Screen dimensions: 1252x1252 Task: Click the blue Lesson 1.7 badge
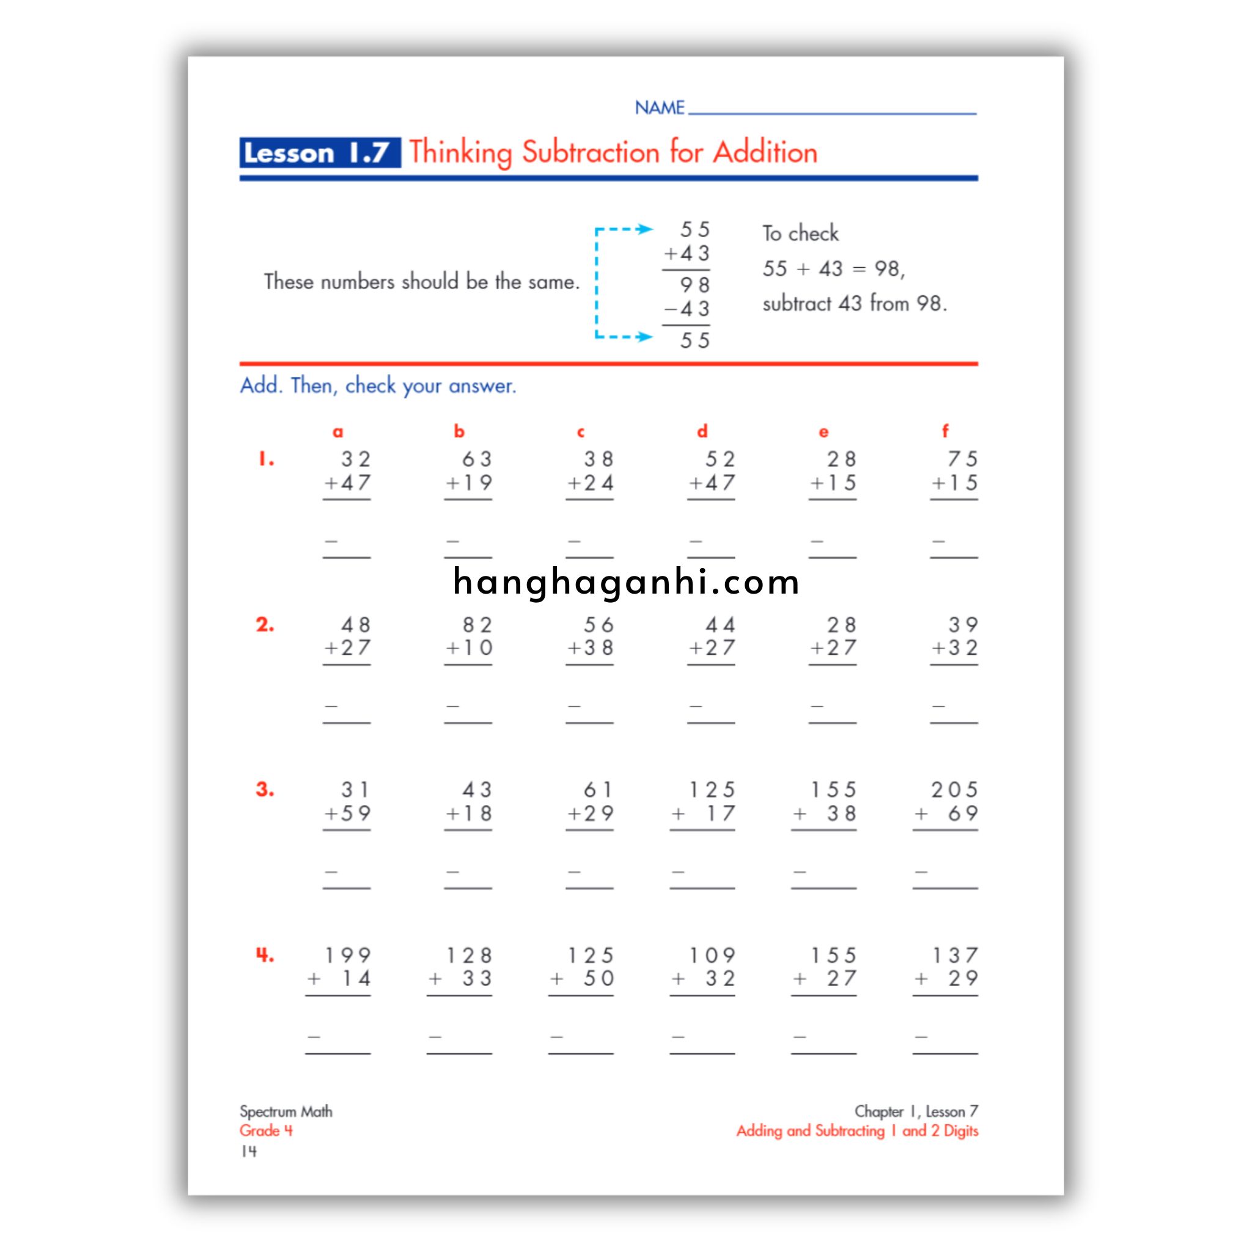320,153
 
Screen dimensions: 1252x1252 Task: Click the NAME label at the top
659,108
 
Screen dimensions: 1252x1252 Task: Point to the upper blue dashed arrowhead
644,229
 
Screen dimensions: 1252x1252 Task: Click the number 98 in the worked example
694,284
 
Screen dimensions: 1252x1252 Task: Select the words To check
800,234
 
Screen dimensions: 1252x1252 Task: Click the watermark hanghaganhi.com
626,581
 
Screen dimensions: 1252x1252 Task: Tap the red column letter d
702,432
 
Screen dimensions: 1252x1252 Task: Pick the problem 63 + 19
468,471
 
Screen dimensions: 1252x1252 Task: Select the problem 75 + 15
954,471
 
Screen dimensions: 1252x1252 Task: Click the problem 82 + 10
468,636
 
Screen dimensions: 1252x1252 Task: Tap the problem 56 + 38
590,636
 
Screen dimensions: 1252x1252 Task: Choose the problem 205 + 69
946,801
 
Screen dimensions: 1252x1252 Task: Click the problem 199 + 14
339,967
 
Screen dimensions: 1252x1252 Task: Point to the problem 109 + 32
703,967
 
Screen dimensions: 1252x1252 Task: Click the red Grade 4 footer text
267,1131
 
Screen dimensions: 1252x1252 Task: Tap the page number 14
249,1152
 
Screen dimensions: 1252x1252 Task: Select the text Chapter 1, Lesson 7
916,1111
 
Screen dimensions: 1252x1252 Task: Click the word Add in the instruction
260,386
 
